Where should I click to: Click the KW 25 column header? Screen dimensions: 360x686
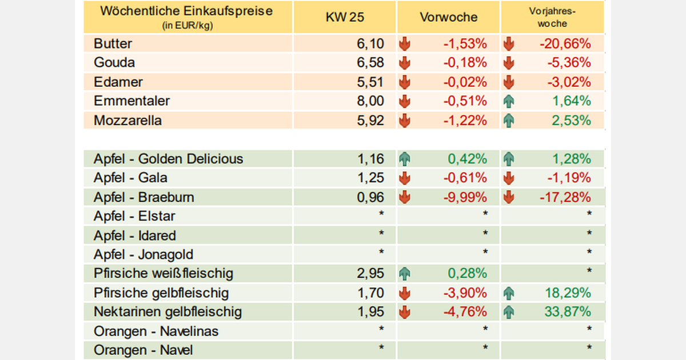pos(345,17)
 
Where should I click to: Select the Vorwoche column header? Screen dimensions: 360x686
pos(449,17)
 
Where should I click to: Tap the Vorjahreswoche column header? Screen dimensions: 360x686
pos(552,17)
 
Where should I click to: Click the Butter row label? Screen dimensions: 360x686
pos(113,43)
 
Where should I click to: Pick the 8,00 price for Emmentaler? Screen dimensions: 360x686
pos(371,102)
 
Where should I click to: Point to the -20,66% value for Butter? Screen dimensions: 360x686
pos(564,43)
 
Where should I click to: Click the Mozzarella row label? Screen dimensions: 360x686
pos(128,121)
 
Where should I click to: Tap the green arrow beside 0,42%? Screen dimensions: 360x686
pos(405,159)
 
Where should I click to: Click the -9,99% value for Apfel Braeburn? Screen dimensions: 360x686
pos(465,198)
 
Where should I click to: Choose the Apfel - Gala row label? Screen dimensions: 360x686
pos(131,178)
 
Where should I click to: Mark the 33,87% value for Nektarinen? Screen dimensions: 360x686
pos(568,312)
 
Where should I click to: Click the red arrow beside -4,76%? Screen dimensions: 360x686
pos(405,312)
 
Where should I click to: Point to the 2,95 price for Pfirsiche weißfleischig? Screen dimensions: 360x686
pos(371,274)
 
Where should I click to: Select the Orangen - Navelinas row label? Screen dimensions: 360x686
pos(156,331)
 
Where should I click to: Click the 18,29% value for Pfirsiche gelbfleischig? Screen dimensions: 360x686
pos(568,293)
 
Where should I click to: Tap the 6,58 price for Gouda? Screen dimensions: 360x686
pos(371,63)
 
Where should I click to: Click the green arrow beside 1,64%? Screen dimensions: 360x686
pos(508,102)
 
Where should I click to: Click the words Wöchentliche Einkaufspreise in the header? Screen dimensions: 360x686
pos(186,11)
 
